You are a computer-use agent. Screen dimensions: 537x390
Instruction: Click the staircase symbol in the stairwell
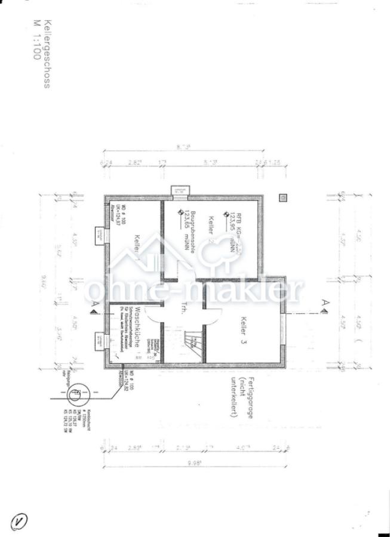(192, 344)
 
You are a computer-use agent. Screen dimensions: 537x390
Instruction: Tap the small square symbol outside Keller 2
(282, 197)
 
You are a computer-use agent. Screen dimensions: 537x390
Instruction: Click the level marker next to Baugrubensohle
(176, 212)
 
